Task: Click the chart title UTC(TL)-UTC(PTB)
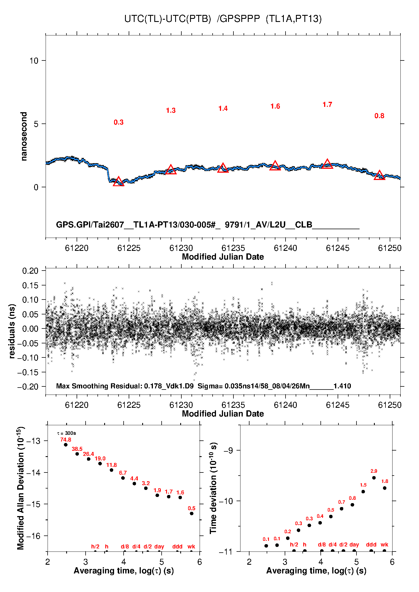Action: [x=168, y=19]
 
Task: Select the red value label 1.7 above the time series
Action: [x=327, y=105]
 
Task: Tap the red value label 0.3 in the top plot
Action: [x=119, y=122]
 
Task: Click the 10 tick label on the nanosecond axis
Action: [x=34, y=61]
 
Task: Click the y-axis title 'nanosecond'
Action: [x=24, y=136]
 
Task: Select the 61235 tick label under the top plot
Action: [x=233, y=248]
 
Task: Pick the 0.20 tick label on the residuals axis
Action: [x=30, y=271]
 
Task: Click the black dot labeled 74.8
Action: [x=66, y=445]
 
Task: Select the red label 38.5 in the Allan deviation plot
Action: [x=77, y=449]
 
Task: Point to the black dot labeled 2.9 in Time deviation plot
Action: [x=374, y=478]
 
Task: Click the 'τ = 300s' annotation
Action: [x=66, y=433]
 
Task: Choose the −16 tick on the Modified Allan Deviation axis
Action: [x=33, y=536]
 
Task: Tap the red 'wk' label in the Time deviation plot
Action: [x=384, y=544]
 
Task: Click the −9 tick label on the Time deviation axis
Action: [x=228, y=451]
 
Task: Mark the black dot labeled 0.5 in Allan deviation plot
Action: [x=191, y=513]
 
